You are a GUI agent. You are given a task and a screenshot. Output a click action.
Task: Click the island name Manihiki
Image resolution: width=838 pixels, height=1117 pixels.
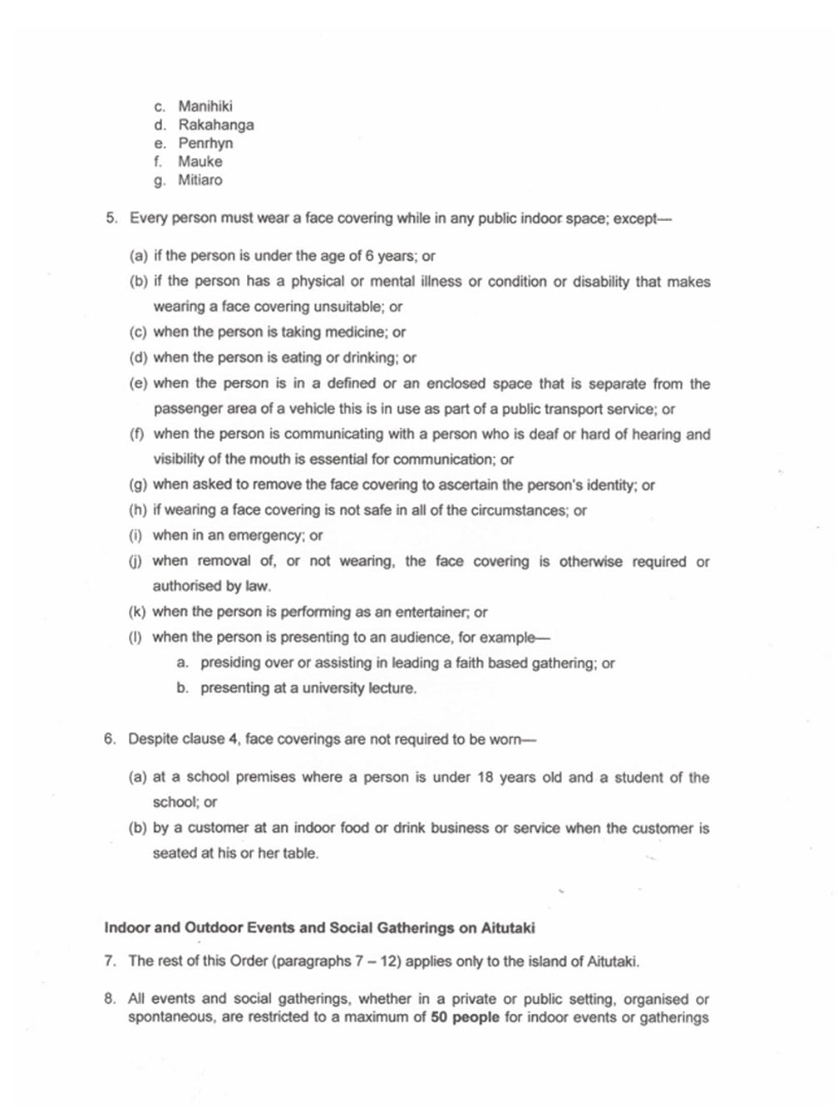tap(205, 106)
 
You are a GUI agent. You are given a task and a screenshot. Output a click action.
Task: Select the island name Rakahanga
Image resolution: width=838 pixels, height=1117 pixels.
tap(216, 125)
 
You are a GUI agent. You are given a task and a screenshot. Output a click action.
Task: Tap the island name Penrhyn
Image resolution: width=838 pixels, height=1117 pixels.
tap(205, 143)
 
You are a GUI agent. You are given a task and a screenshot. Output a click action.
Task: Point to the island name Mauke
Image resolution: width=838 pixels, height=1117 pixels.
tap(200, 161)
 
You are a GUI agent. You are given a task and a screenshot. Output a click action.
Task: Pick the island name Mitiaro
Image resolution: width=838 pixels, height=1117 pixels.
tap(200, 180)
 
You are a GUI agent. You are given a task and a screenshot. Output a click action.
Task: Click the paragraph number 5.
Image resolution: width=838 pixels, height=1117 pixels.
tap(111, 219)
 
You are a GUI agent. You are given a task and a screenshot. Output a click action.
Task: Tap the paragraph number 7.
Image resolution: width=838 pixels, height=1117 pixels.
tap(110, 962)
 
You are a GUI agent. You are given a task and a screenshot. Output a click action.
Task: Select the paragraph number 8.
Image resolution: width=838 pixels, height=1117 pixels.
tap(110, 1000)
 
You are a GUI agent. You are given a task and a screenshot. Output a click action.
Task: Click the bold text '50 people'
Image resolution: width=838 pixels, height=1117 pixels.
tap(465, 1017)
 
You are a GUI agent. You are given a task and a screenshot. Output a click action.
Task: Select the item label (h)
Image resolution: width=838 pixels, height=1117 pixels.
tap(138, 510)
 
